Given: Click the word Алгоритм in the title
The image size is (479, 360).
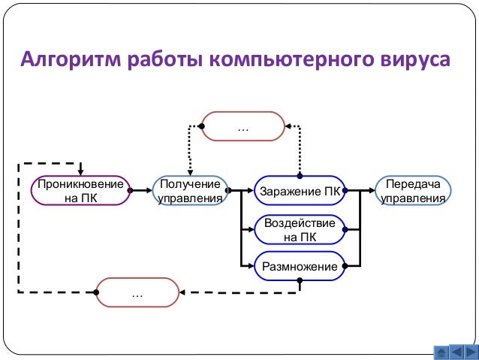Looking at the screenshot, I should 64,59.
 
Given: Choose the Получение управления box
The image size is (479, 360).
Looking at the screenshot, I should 191,191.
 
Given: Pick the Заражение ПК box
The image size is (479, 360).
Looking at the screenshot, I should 300,191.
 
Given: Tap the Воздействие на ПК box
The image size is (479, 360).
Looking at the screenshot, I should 300,230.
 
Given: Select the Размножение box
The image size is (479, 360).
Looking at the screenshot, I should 300,266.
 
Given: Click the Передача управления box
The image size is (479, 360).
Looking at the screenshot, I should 413,191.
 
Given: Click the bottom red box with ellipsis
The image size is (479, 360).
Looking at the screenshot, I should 137,292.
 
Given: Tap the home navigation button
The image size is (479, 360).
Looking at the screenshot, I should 441,352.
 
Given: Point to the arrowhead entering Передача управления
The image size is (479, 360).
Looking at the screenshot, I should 372,191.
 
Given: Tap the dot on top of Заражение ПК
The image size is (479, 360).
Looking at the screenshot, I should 300,177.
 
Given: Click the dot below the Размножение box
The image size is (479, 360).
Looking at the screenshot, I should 300,280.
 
